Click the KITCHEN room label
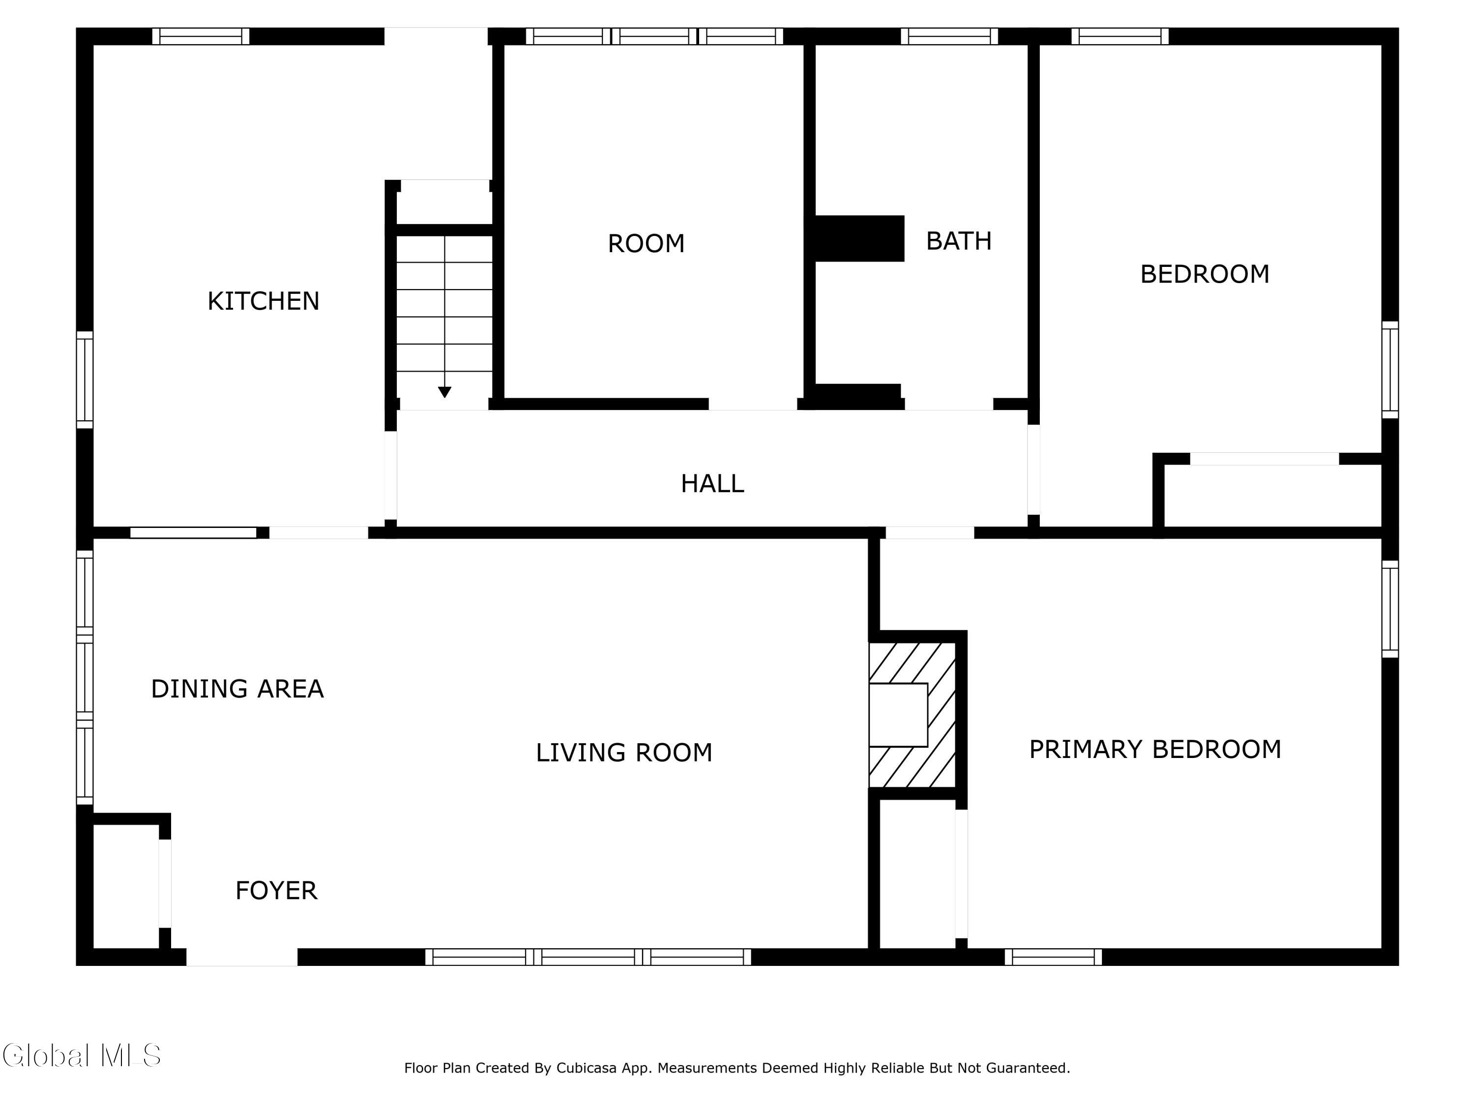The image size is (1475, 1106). pos(264,301)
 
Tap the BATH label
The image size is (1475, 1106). pos(959,241)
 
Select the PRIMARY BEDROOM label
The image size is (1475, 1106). pos(1155,749)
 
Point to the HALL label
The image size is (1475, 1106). pos(712,483)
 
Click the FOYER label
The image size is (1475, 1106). pos(276,891)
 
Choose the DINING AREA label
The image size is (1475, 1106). pos(237,689)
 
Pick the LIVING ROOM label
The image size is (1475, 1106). pos(624,753)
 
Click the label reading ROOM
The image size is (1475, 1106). pos(646,243)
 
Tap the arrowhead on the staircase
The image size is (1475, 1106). pos(445,392)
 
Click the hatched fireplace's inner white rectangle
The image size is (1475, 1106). pos(898,715)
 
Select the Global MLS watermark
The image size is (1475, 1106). pos(81,1055)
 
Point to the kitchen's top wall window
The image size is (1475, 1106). pos(201,36)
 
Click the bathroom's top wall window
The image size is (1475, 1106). pos(949,36)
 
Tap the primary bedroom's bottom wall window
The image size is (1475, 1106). pos(1054,958)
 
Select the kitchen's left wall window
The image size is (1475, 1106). pos(85,380)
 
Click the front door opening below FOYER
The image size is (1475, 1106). pos(242,958)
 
